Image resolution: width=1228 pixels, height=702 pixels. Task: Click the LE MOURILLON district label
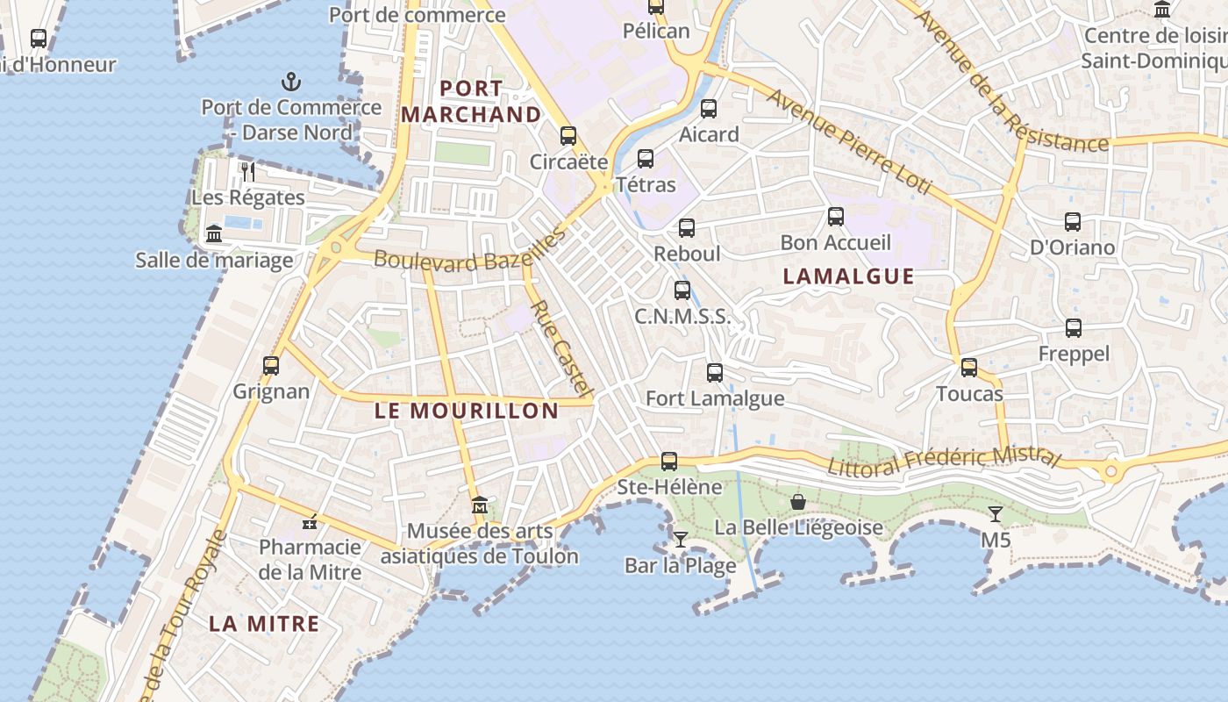click(x=467, y=411)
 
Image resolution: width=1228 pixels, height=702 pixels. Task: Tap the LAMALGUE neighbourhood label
click(x=848, y=276)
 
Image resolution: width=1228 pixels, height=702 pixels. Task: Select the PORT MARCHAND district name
click(x=471, y=102)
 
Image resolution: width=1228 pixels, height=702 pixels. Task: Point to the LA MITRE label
click(x=264, y=624)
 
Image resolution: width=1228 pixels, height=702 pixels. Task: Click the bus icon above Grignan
click(x=271, y=365)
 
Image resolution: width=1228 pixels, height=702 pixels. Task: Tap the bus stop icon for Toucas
click(x=969, y=368)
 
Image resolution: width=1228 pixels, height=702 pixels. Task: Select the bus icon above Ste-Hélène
click(x=669, y=461)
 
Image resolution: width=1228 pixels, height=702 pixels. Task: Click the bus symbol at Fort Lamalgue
click(x=715, y=373)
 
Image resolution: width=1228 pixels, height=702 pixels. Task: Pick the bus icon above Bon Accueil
click(x=836, y=216)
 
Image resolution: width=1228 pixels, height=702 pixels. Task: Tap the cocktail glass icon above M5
click(x=996, y=513)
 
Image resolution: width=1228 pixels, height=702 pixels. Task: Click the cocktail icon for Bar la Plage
click(x=680, y=539)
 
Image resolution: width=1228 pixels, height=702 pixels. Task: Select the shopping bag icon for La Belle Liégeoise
click(x=798, y=502)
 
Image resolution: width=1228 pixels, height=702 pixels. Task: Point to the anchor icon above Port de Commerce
click(x=291, y=82)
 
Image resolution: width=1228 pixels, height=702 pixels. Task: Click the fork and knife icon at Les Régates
click(x=248, y=171)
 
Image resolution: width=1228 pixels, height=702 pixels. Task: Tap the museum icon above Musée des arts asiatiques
click(x=480, y=505)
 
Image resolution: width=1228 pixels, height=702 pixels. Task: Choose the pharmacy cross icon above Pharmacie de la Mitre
click(x=310, y=522)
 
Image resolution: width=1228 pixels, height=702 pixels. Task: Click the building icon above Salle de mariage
click(x=214, y=234)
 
